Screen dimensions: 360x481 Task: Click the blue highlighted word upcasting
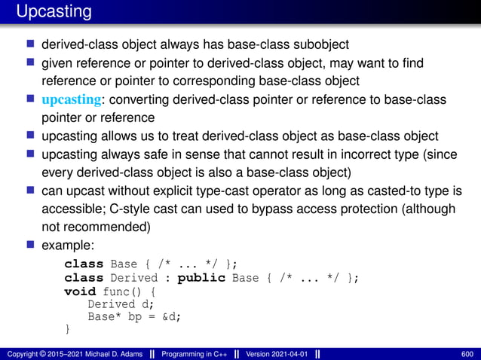click(71, 100)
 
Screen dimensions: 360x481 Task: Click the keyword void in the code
click(80, 291)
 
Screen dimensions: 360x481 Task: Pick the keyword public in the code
click(201, 277)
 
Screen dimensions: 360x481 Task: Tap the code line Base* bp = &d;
click(134, 316)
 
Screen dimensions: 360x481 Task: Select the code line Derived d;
click(121, 304)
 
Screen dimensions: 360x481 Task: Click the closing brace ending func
click(67, 329)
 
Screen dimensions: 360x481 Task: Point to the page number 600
click(467, 353)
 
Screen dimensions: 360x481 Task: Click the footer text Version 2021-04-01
click(276, 353)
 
